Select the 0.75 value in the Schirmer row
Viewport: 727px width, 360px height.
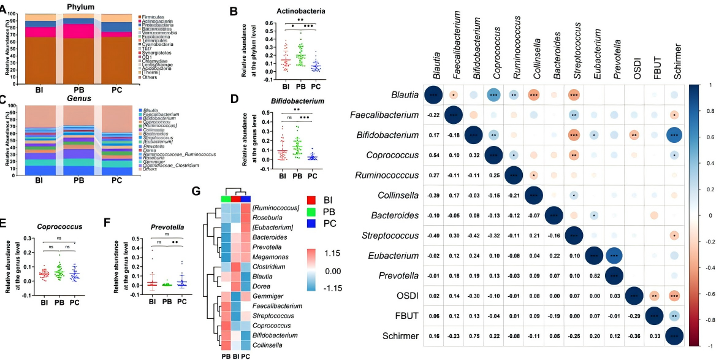(473, 335)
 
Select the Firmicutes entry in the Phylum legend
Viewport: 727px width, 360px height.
(154, 17)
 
